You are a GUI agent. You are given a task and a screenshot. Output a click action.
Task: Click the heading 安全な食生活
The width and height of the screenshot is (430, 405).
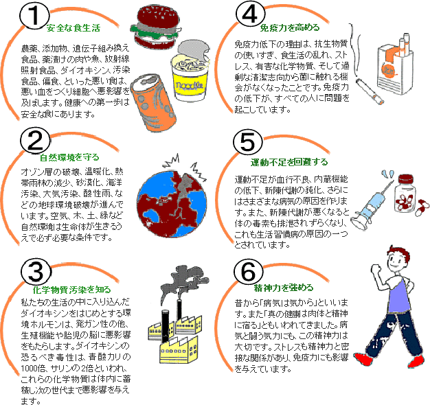click(73, 28)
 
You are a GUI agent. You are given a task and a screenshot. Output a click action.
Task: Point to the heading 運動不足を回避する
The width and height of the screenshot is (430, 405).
click(291, 162)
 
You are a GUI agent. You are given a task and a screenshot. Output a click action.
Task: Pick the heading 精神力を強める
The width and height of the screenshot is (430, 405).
click(284, 287)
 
